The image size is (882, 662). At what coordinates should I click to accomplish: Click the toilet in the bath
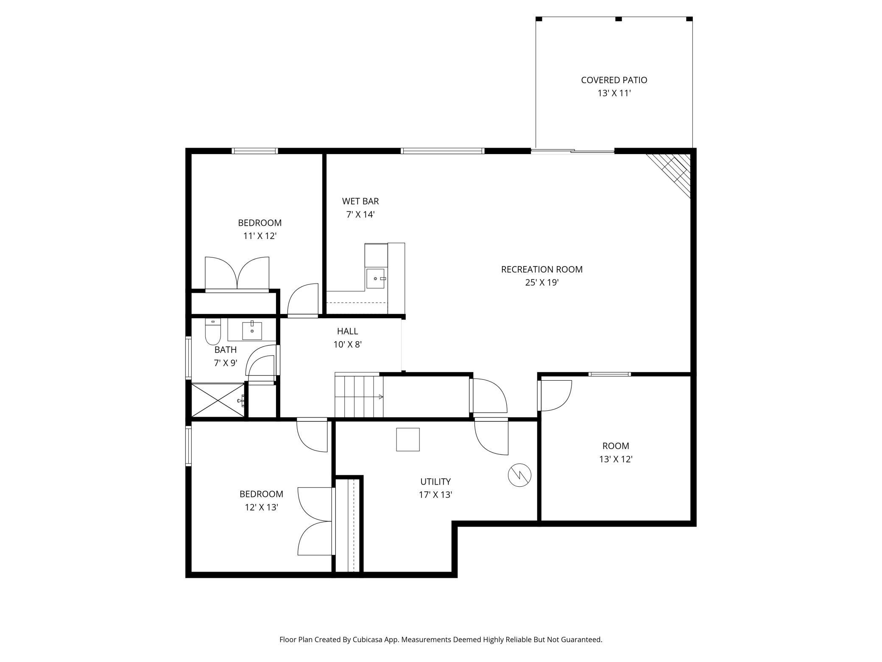click(213, 332)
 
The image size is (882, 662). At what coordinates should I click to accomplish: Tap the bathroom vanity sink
click(252, 331)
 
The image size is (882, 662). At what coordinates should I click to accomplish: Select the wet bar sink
click(376, 278)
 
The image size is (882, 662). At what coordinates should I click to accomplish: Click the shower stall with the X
click(218, 400)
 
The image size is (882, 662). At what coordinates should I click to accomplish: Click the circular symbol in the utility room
click(519, 475)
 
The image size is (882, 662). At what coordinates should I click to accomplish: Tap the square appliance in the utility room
click(408, 439)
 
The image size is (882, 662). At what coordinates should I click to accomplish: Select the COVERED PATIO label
click(614, 80)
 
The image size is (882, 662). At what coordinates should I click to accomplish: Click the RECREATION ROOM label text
click(542, 269)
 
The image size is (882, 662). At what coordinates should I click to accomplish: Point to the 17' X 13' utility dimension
click(435, 494)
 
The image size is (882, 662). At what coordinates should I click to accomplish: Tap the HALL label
click(347, 331)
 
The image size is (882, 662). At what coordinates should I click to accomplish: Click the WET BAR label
click(360, 201)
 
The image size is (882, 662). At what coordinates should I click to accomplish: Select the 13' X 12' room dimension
click(616, 459)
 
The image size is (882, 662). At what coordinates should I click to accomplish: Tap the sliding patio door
click(572, 151)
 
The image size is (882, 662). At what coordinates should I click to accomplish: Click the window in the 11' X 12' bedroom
click(255, 151)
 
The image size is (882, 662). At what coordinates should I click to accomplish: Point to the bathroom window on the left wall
click(189, 357)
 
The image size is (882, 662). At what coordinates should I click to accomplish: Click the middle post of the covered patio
click(618, 19)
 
